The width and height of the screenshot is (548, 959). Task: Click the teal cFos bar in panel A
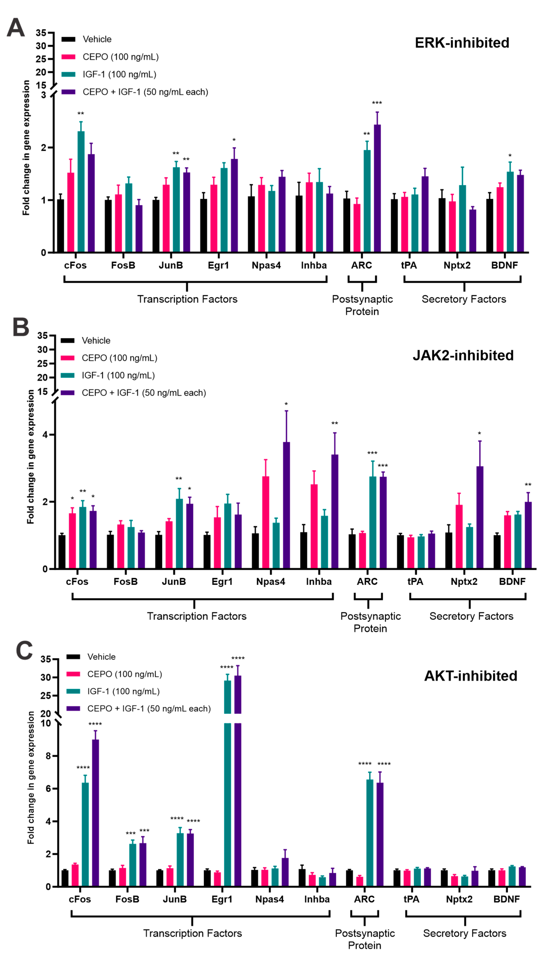click(x=81, y=192)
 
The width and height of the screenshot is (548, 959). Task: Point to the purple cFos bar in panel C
click(x=96, y=813)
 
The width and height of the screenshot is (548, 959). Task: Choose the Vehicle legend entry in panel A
click(x=97, y=39)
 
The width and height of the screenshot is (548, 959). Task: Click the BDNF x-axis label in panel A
click(x=504, y=265)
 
